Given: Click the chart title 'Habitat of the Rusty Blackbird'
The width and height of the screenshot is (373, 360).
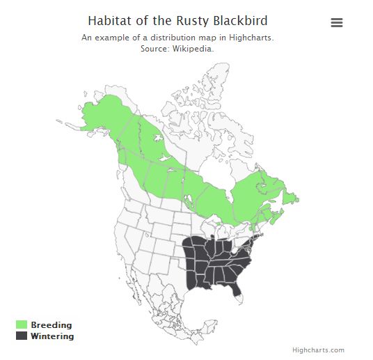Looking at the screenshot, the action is click(x=177, y=21).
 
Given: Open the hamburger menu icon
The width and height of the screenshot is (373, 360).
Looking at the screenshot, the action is click(x=337, y=22).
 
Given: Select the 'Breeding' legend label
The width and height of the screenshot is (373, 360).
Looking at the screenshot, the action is click(x=51, y=325).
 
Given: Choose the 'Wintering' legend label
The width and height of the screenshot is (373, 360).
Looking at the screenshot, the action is click(x=52, y=336).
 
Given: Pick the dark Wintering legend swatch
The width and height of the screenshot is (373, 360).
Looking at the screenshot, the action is click(x=22, y=336).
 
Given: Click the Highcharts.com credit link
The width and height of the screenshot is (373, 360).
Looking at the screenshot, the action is click(x=318, y=350).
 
